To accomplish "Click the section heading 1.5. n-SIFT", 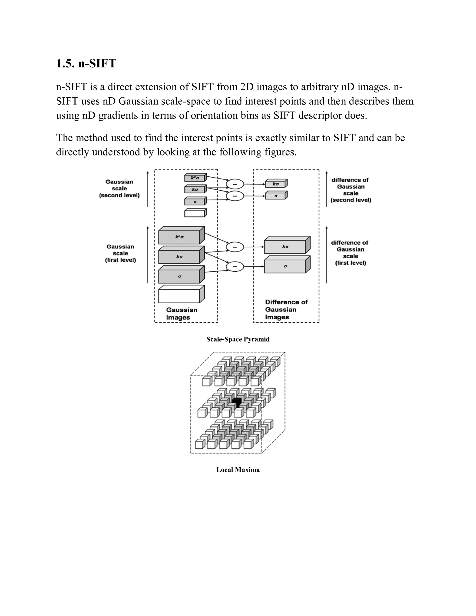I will pyautogui.click(x=86, y=63).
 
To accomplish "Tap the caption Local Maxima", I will pyautogui.click(x=238, y=470).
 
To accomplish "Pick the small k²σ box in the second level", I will pyautogui.click(x=195, y=178).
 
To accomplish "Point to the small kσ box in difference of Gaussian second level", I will pyautogui.click(x=275, y=184).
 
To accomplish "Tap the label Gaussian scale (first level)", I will pyautogui.click(x=120, y=253).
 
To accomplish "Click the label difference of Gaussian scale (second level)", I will pyautogui.click(x=350, y=190).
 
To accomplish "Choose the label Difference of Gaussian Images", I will pyautogui.click(x=286, y=309).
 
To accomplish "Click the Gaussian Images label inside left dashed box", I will pyautogui.click(x=182, y=314).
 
